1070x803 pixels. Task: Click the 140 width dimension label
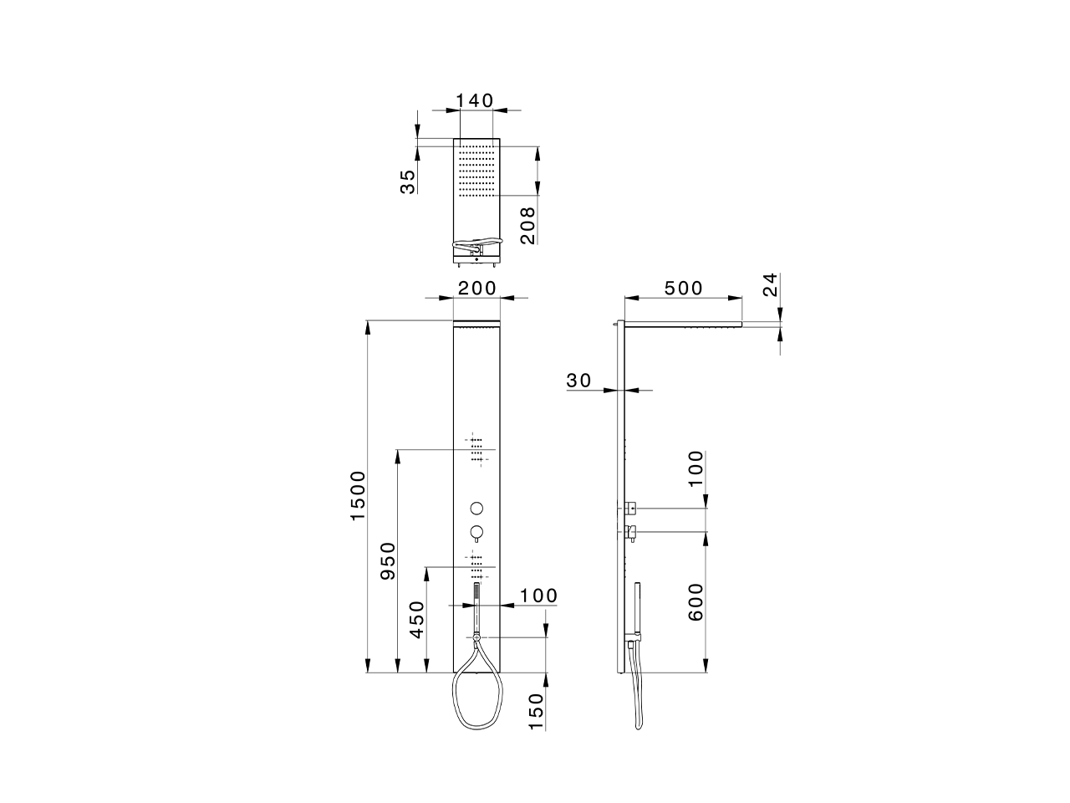click(475, 100)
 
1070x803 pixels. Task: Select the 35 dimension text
click(407, 182)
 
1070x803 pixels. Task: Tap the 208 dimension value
click(527, 226)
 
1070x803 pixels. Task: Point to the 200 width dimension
click(477, 288)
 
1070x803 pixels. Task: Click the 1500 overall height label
click(358, 496)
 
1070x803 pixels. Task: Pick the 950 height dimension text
click(388, 562)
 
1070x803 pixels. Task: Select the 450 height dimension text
click(417, 619)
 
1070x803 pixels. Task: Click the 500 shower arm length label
click(683, 288)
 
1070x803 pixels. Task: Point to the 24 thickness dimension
click(770, 284)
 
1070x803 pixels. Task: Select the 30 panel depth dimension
click(578, 381)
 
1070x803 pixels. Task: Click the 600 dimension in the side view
click(695, 601)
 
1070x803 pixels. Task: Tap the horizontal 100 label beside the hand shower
click(538, 596)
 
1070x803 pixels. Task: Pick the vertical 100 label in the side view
click(695, 473)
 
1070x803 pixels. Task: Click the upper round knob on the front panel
click(476, 508)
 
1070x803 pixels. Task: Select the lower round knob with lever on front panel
click(476, 531)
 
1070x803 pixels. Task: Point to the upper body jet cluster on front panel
click(476, 449)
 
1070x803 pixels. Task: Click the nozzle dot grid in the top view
click(476, 171)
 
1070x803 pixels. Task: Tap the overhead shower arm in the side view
click(683, 324)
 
